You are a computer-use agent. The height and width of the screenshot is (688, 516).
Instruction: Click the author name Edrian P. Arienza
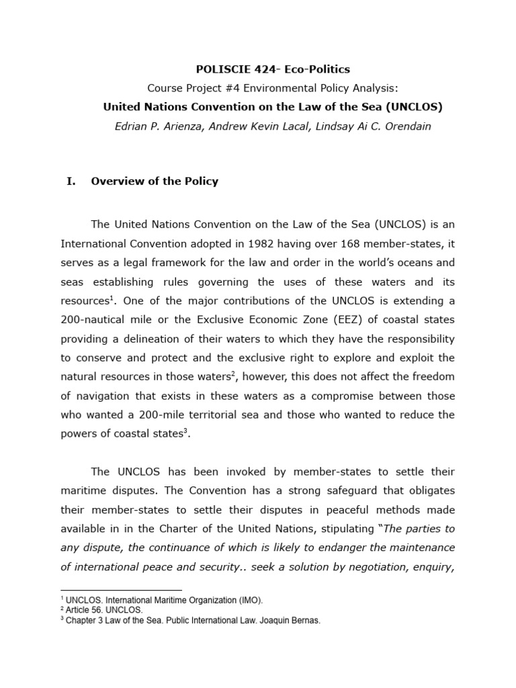point(156,126)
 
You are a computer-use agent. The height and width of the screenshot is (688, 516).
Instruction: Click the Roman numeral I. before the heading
point(70,181)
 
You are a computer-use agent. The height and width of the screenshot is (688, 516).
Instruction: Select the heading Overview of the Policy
point(155,181)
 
